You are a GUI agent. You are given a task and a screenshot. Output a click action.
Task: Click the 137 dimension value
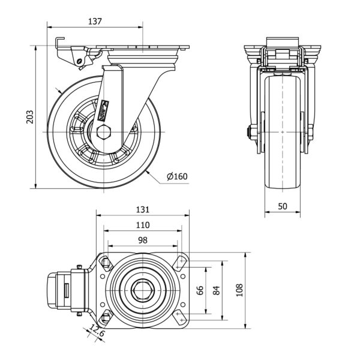pos(95,21)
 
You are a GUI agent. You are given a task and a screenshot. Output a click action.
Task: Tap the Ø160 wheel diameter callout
pos(177,176)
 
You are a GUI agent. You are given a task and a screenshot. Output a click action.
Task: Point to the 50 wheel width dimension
pos(282,206)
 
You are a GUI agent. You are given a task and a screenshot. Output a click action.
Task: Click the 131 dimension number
pos(142,209)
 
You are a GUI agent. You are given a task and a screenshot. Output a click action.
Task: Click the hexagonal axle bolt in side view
pos(103,133)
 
